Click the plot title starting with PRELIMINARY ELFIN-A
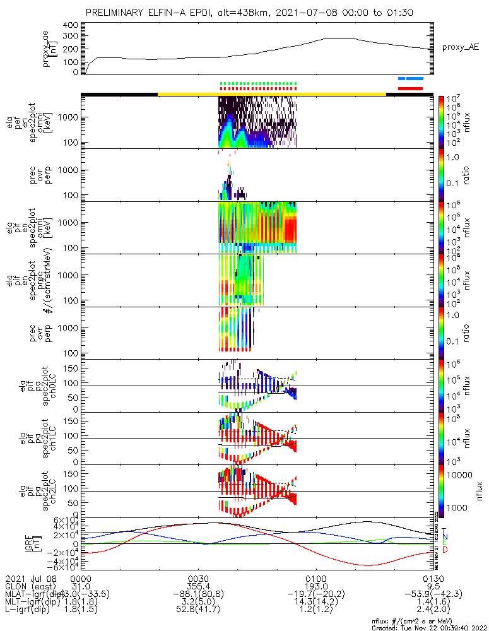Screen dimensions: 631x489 pos(250,13)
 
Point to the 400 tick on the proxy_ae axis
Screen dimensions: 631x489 pos(70,25)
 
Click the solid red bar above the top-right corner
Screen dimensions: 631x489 pos(410,89)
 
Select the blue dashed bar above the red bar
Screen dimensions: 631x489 pos(410,79)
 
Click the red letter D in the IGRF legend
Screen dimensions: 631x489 pos(445,551)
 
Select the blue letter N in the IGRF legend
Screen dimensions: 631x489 pos(445,536)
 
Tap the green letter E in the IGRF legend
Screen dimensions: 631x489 pos(445,543)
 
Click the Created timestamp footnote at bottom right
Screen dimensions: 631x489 pos(427,627)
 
